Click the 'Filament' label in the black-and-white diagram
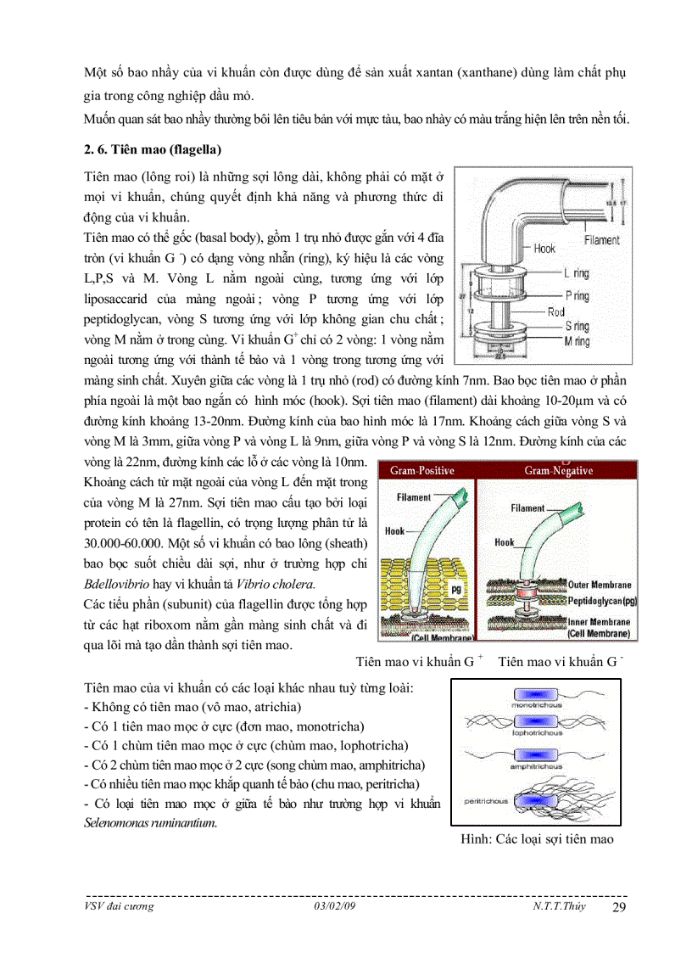601,240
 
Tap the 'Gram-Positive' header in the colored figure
421,471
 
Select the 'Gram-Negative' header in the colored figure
558,471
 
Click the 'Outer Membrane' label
600,585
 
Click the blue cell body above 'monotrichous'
533,694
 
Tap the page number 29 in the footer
618,907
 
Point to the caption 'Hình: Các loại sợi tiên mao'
536,839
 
